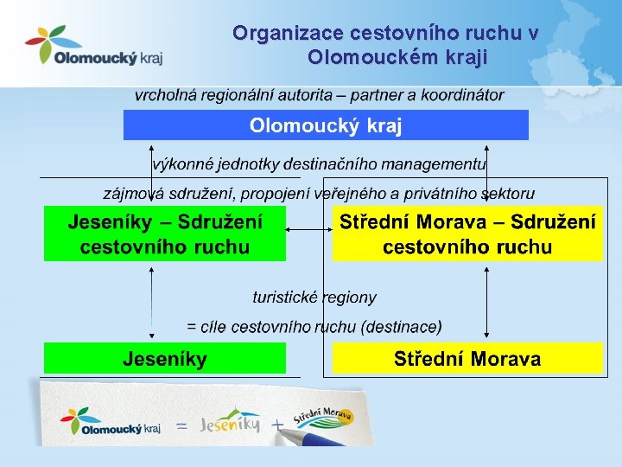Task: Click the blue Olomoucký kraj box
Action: click(x=326, y=125)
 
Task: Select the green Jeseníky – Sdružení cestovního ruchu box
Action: click(x=164, y=233)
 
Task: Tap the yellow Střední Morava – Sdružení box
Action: click(x=467, y=233)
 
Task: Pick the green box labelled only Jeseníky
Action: click(x=164, y=358)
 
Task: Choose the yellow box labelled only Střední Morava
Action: click(x=467, y=358)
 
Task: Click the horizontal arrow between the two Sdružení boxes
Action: click(x=309, y=230)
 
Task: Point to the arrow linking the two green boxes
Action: click(x=153, y=303)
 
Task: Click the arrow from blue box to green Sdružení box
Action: click(x=153, y=172)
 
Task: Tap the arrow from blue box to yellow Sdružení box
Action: click(x=487, y=172)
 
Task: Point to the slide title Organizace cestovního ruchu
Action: click(x=385, y=45)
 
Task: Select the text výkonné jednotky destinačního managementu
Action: click(x=319, y=163)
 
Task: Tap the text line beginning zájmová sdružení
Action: click(x=319, y=193)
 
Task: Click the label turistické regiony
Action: click(x=314, y=297)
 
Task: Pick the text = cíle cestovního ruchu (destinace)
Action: click(x=314, y=327)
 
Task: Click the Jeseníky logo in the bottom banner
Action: click(x=230, y=424)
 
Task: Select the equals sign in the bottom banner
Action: click(x=182, y=426)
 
